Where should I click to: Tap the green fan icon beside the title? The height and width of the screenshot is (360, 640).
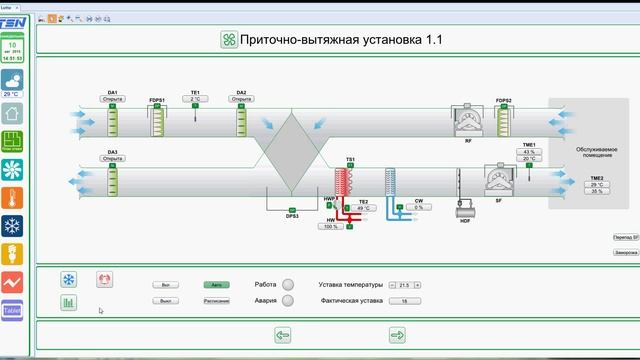point(229,40)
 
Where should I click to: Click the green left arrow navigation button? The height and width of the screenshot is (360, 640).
point(282,335)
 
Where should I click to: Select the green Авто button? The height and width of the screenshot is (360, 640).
point(216,285)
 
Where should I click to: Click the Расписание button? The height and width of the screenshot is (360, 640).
point(216,300)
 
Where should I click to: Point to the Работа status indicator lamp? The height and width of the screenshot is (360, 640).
point(288,284)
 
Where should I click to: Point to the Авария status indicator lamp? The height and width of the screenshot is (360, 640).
point(288,300)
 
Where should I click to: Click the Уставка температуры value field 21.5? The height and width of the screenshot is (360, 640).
point(404,285)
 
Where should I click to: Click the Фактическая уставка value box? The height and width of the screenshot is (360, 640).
point(404,300)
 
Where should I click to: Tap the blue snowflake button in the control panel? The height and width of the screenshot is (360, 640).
point(70,280)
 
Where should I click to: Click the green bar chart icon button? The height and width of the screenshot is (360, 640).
point(70,302)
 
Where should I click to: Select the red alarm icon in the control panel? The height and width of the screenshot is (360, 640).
point(103,280)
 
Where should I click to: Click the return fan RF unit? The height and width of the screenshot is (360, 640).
point(469,122)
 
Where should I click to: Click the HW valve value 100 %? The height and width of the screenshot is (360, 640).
point(332,227)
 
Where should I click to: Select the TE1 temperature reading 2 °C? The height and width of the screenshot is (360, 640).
point(196,99)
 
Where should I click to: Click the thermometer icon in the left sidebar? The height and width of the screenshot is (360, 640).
point(12,196)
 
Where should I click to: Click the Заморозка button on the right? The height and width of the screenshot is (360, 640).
point(624,253)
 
